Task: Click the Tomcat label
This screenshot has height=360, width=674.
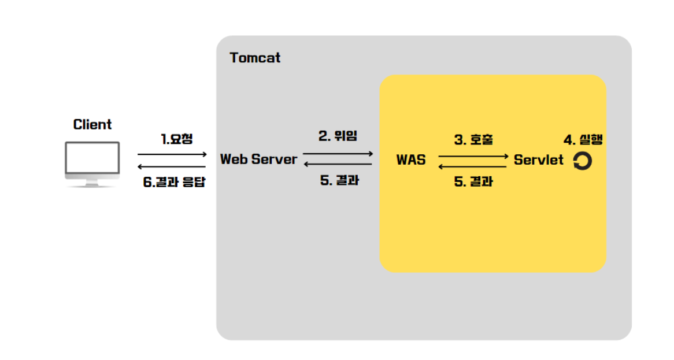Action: pos(255,58)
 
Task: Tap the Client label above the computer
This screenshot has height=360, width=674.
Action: pos(92,124)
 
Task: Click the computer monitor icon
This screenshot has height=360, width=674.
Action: pos(92,164)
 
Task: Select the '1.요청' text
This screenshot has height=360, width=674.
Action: pos(177,139)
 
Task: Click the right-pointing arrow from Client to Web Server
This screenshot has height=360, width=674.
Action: pos(172,154)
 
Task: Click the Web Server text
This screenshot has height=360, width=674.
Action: pos(259,159)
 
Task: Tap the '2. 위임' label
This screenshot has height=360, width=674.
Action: pos(338,136)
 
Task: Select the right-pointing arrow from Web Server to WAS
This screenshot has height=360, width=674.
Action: pos(338,154)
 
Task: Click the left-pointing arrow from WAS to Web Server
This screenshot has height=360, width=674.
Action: pos(338,164)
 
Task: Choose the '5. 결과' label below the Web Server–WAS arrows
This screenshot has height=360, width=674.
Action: pos(339,180)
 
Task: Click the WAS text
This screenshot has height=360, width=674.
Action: pos(411,160)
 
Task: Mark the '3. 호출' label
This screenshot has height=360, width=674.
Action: pos(473,140)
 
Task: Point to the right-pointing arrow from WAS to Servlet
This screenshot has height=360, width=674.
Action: pos(473,156)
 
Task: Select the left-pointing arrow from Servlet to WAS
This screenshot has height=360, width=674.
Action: pos(473,166)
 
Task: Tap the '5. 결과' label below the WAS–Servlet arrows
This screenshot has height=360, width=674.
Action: pos(473,183)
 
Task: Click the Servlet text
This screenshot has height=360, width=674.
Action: pos(538,160)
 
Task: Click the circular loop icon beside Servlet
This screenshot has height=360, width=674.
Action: pos(583,161)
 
